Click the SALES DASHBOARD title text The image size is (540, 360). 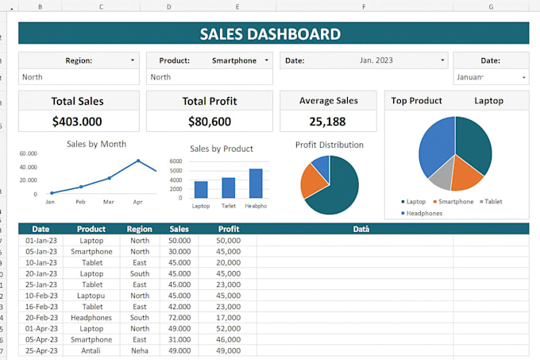270,34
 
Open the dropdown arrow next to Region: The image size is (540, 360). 132,60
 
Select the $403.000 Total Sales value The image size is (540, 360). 77,121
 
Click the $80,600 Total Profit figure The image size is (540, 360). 210,121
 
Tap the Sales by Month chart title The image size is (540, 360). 96,144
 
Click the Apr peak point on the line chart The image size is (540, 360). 138,161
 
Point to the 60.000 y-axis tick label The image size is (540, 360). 29,153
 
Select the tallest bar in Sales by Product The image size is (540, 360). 256,183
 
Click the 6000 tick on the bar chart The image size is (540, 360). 199,161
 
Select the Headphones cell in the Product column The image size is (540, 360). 91,317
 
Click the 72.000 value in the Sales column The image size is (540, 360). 179,317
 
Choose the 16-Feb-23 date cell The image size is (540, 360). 40,306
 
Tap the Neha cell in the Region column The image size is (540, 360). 140,350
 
